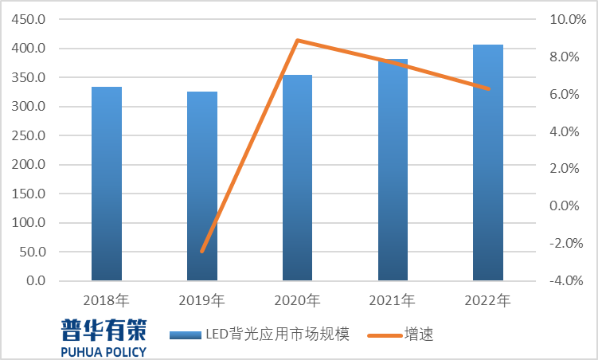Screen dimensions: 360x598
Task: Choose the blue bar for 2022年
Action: click(x=488, y=162)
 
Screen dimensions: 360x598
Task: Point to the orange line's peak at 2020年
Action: click(x=297, y=40)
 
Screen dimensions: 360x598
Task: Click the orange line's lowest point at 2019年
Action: click(x=202, y=252)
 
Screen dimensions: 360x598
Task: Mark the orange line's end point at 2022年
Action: click(x=488, y=88)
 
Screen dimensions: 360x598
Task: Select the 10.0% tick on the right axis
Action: click(x=569, y=19)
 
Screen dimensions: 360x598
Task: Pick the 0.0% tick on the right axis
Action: click(x=572, y=206)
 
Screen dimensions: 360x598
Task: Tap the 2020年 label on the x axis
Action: click(x=297, y=301)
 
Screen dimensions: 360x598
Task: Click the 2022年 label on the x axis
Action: click(x=488, y=301)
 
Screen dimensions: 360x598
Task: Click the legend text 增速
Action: click(x=419, y=335)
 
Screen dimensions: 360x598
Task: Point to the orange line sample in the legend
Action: click(x=383, y=335)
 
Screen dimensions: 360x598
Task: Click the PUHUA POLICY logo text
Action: click(x=104, y=351)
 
